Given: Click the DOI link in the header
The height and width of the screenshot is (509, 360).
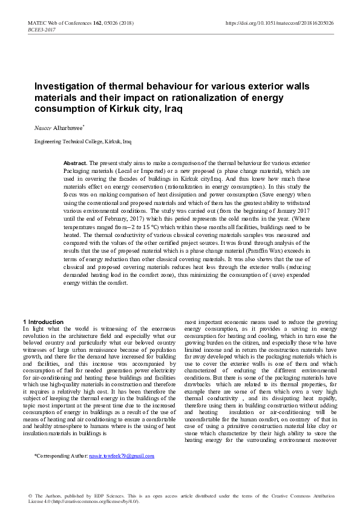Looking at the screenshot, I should click(279, 23).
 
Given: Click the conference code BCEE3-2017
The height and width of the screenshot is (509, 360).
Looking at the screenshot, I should click(41, 29).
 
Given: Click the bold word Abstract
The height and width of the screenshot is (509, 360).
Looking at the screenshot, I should click(76, 164).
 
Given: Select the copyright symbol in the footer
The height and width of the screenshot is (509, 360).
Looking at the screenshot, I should click(30, 495).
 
